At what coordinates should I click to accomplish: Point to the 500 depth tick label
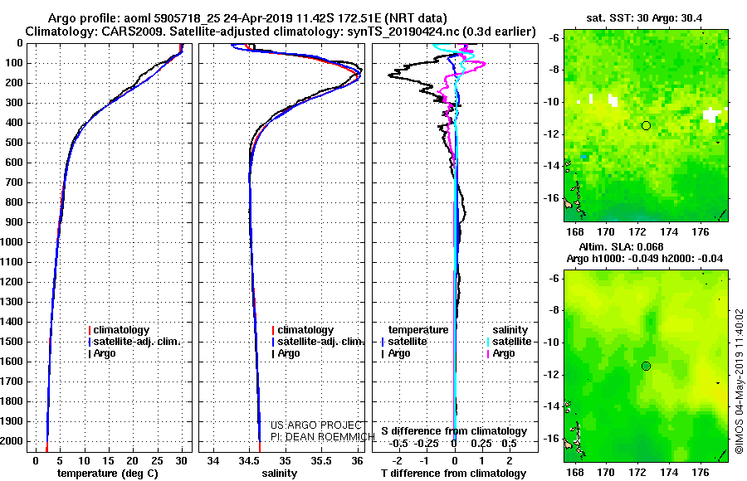tap(14, 143)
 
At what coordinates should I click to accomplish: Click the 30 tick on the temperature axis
tap(181, 461)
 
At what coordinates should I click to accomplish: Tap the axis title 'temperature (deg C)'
tap(108, 474)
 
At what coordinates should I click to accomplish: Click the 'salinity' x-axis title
tap(279, 474)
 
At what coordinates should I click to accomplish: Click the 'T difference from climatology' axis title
tap(454, 474)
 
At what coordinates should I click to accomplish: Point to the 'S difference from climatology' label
tap(454, 431)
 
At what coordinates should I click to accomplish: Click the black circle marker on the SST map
tap(646, 126)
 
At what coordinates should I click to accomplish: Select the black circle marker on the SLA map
tap(646, 367)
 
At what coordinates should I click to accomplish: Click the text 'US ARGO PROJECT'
tap(316, 425)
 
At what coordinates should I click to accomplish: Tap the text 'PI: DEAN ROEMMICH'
tap(323, 437)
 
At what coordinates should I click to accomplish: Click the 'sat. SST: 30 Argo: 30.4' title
tap(644, 18)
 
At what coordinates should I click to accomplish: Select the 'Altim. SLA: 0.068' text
tap(621, 246)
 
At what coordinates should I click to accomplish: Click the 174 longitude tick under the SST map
tap(669, 232)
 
